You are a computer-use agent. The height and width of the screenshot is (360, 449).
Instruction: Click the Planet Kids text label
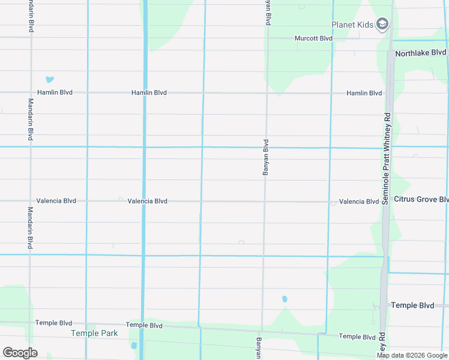(352, 25)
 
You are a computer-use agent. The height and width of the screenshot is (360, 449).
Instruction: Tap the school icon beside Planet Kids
(382, 25)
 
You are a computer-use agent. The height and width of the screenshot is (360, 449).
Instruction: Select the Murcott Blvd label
(313, 38)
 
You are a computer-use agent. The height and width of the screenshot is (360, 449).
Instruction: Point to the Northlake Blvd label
(421, 53)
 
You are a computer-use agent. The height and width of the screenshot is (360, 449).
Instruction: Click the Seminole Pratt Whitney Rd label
(387, 159)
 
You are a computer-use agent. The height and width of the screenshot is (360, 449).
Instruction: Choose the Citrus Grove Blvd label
(421, 199)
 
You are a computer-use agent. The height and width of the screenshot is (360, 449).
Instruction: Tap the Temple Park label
(94, 333)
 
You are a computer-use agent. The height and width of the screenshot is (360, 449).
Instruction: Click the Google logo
(20, 353)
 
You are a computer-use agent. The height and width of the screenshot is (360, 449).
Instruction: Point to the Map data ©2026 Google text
(412, 355)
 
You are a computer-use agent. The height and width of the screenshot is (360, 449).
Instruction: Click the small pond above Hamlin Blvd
(49, 79)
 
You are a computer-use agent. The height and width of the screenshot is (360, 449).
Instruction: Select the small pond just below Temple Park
(133, 346)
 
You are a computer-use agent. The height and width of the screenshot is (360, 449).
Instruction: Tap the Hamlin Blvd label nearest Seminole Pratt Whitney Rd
(364, 93)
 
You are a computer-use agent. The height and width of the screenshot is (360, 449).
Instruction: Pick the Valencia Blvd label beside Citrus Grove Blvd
(358, 202)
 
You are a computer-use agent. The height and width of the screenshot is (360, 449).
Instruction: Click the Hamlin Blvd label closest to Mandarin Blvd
(55, 93)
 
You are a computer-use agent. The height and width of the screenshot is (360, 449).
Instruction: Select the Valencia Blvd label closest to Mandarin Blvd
(56, 201)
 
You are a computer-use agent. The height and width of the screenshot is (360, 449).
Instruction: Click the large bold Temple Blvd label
(412, 305)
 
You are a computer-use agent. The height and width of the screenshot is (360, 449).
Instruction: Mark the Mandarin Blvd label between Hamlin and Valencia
(31, 120)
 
